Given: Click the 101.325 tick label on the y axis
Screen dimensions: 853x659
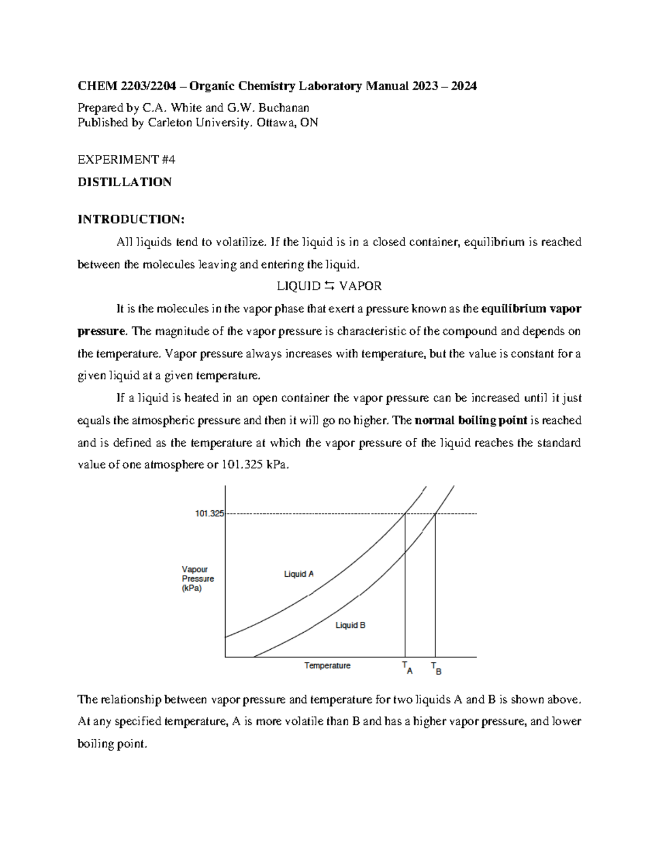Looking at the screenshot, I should pos(209,514).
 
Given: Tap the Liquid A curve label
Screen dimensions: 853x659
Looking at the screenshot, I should pos(299,574).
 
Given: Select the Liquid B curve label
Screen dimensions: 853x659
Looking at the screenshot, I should pos(350,625).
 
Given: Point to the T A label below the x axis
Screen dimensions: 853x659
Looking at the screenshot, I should pos(407,667).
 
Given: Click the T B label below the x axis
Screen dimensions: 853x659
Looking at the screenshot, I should pos(436,668).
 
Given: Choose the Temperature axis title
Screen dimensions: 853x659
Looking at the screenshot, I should pos(327,666).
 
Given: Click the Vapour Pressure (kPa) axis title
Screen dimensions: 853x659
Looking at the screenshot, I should pos(198,579).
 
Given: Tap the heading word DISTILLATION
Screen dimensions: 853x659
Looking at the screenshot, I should pos(125,182).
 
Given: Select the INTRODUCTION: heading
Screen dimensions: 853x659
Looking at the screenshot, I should pos(131,219).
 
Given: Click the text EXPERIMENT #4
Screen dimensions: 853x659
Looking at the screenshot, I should pos(126,160).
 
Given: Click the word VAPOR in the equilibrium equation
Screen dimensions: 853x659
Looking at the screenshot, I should pos(360,286).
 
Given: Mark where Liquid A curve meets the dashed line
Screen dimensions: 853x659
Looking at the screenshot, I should pos(405,514).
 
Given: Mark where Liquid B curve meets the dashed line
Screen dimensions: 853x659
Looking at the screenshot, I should pos(435,514).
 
